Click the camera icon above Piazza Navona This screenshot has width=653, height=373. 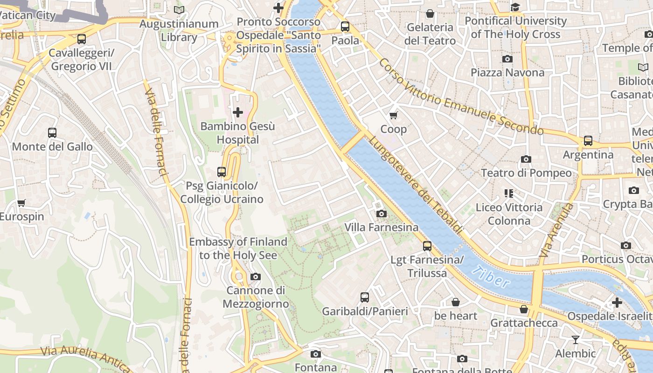tap(507, 59)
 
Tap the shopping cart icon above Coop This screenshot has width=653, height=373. tap(394, 115)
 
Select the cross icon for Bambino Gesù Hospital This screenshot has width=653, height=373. tap(238, 112)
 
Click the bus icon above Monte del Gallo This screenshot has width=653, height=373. tap(52, 133)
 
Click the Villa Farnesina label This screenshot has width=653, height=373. tap(381, 228)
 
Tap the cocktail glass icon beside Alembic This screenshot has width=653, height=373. tap(576, 340)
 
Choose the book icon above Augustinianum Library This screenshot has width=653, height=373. tap(179, 10)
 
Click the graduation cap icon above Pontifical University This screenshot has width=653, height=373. tap(515, 7)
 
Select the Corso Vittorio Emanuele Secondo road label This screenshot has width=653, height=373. tap(461, 97)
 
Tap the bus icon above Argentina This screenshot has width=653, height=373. tap(588, 141)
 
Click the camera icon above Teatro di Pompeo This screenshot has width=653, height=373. tap(526, 159)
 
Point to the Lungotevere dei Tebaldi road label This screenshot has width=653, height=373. tap(416, 185)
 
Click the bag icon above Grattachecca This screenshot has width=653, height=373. tap(524, 309)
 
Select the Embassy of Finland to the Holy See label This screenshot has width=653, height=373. tap(238, 249)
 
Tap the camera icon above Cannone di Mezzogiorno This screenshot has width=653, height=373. tap(255, 277)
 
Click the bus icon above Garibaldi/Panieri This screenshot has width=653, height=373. tap(365, 297)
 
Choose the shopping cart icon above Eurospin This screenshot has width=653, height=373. tap(21, 203)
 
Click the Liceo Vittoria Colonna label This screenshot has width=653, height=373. tap(509, 214)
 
